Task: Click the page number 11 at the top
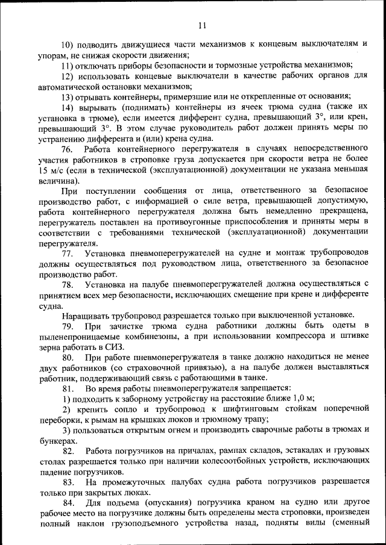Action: tap(201, 25)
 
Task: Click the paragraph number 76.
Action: tap(68, 149)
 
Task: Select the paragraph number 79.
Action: tap(68, 326)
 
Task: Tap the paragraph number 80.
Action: tap(68, 358)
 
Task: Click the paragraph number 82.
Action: tap(68, 452)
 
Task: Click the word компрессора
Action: tap(294, 337)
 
